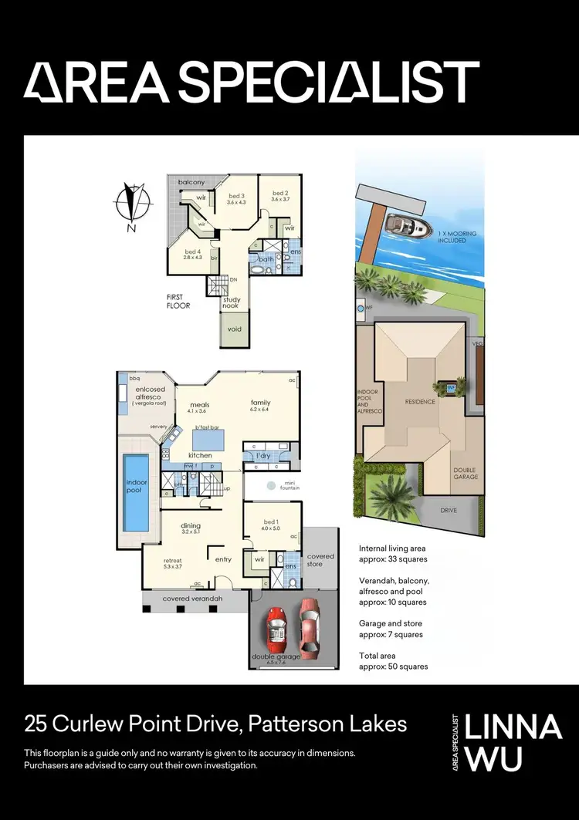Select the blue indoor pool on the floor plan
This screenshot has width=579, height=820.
136,491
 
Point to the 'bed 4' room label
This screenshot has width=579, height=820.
192,253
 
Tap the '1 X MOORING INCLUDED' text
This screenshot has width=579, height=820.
456,237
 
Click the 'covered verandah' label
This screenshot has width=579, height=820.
192,599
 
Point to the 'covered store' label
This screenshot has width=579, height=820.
321,560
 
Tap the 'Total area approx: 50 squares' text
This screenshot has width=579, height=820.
393,660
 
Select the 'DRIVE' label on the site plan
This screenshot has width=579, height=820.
449,511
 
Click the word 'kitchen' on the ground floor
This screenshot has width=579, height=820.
200,455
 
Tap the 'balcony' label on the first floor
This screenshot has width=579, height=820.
191,182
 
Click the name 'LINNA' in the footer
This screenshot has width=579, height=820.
518,727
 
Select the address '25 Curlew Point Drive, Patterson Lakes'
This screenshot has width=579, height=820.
215,724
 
